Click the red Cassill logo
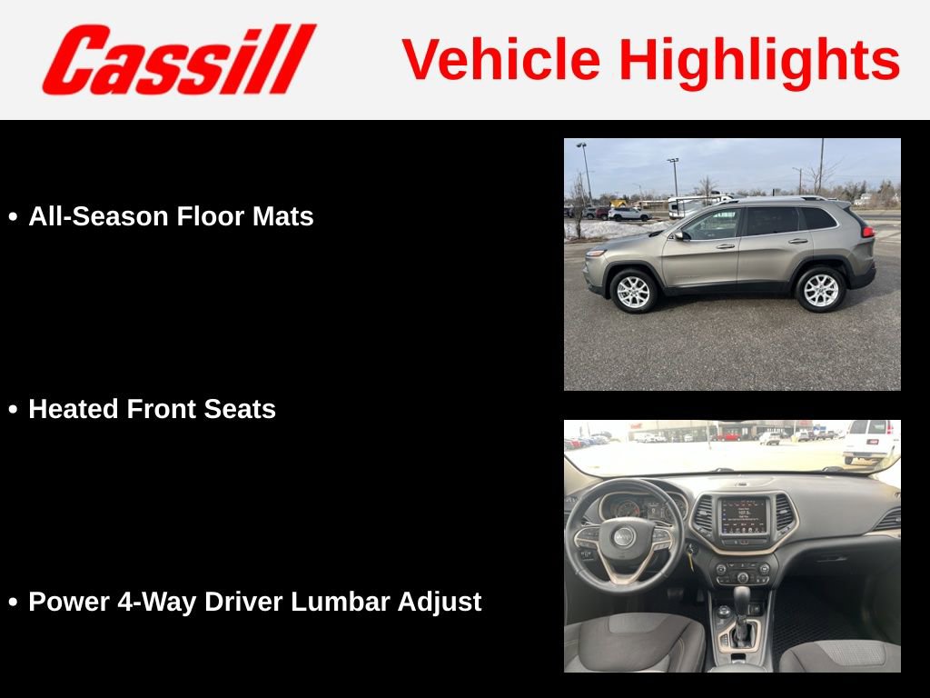pyautogui.click(x=178, y=59)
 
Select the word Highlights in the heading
pyautogui.click(x=759, y=62)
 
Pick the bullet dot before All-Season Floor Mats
pyautogui.click(x=13, y=218)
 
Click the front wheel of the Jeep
pyautogui.click(x=633, y=291)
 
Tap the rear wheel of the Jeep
pyautogui.click(x=820, y=289)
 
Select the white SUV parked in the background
pyautogui.click(x=629, y=214)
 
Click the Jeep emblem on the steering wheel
pyautogui.click(x=623, y=536)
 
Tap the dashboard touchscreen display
pyautogui.click(x=744, y=515)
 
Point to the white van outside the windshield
pyautogui.click(x=870, y=441)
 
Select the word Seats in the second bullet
pyautogui.click(x=241, y=409)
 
